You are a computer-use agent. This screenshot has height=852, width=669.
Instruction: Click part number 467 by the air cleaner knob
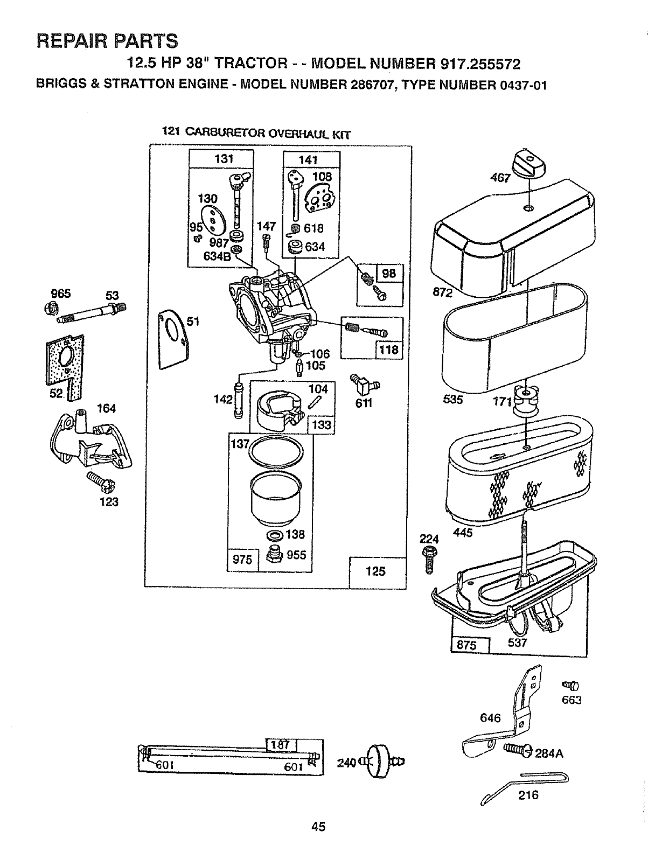(x=500, y=178)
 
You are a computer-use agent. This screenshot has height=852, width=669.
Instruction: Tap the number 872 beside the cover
(x=443, y=292)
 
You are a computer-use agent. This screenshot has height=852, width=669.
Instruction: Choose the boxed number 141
(x=308, y=160)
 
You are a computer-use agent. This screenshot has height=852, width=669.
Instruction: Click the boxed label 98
(x=388, y=273)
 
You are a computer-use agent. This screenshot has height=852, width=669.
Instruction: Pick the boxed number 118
(x=388, y=350)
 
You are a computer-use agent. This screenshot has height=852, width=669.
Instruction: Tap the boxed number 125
(x=375, y=571)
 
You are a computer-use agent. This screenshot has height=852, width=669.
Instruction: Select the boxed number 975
(x=242, y=560)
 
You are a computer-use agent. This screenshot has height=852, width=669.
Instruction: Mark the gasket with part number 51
(x=173, y=341)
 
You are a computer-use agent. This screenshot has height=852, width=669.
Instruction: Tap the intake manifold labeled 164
(x=90, y=440)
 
